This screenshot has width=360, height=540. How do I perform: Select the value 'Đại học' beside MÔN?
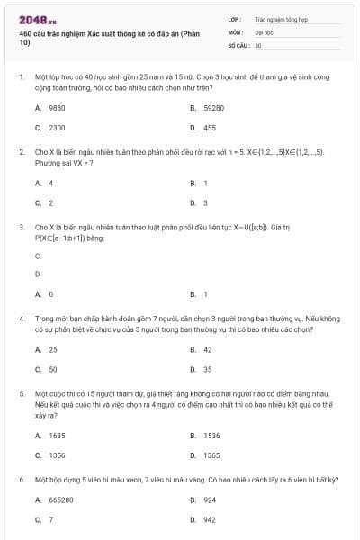click(x=264, y=31)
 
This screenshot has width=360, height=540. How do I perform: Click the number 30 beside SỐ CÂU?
click(x=258, y=44)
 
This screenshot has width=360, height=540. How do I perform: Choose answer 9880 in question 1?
click(x=57, y=107)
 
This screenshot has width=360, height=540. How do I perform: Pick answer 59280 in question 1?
click(x=213, y=107)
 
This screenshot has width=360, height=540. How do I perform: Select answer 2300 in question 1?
click(x=57, y=128)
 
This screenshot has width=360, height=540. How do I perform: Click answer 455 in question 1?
click(x=210, y=128)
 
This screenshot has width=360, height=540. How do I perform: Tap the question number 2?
click(x=21, y=152)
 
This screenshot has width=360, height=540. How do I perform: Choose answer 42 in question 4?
click(x=208, y=349)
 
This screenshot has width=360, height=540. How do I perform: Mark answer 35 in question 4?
click(x=208, y=369)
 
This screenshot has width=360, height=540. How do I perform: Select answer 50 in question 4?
click(x=53, y=369)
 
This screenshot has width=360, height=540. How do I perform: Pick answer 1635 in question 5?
click(x=57, y=435)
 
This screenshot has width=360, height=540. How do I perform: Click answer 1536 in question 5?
click(x=211, y=435)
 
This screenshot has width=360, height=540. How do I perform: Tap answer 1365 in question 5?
click(x=211, y=455)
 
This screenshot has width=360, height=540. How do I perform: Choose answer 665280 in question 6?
click(x=61, y=499)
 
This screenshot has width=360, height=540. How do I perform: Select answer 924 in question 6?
click(x=210, y=499)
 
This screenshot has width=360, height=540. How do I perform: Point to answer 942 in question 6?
click(x=210, y=519)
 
